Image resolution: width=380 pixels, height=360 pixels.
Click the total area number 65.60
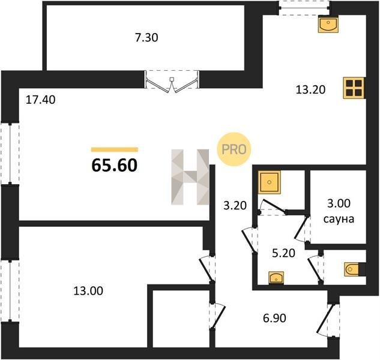tap(115, 165)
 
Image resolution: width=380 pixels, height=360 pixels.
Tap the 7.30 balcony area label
tap(146, 38)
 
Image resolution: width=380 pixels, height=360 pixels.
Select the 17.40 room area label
tap(40, 100)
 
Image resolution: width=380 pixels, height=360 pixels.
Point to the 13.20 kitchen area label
tap(310, 90)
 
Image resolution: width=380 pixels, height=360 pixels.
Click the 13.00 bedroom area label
tap(88, 291)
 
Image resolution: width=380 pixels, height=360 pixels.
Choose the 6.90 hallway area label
tap(274, 318)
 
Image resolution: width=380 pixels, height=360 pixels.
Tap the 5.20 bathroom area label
tap(283, 253)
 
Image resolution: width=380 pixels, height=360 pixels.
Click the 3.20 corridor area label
tap(235, 205)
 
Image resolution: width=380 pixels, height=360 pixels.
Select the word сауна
tap(339, 219)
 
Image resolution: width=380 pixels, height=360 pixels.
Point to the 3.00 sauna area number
tap(339, 203)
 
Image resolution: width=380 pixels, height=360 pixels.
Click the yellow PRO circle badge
tap(234, 149)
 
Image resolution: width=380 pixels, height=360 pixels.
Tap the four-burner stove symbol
tap(354, 88)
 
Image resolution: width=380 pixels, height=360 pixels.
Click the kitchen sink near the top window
tap(328, 24)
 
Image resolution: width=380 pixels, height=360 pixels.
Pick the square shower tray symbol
tap(270, 182)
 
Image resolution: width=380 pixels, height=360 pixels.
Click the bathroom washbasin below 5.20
tap(276, 277)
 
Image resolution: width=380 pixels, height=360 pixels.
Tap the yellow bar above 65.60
tap(115, 149)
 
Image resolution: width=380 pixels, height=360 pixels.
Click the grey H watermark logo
tap(190, 177)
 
